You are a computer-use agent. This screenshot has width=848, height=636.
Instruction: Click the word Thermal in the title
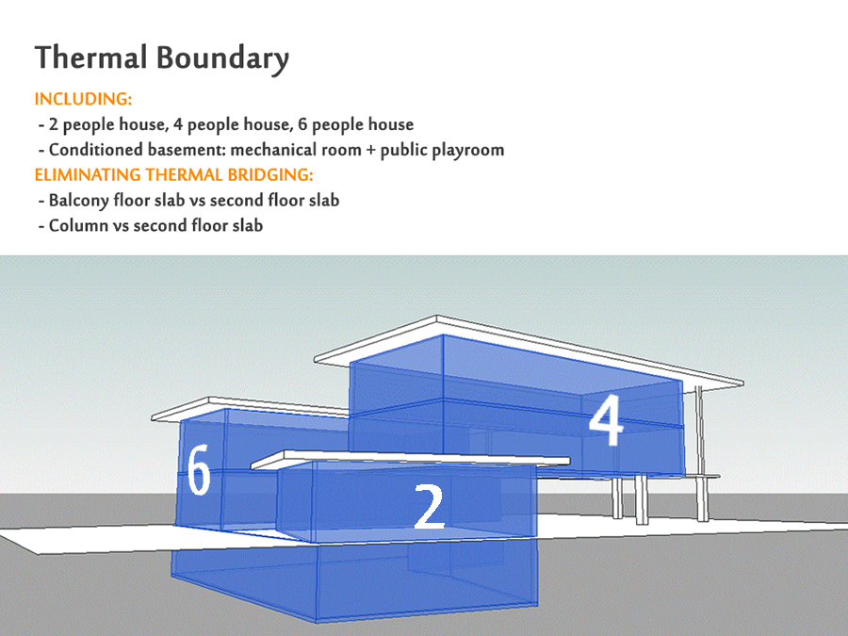tap(90, 57)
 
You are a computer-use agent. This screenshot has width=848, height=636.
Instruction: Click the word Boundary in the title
tap(222, 59)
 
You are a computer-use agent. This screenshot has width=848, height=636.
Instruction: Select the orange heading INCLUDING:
tap(83, 99)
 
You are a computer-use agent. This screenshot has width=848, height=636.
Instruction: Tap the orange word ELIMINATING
tap(88, 174)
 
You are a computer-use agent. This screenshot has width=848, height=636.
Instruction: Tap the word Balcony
tap(79, 202)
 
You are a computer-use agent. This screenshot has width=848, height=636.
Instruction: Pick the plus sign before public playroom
tap(370, 151)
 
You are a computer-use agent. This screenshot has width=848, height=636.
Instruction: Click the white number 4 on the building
tap(606, 420)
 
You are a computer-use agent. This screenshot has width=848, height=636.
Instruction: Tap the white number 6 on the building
tap(199, 469)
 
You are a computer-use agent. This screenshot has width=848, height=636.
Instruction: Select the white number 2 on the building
tap(430, 506)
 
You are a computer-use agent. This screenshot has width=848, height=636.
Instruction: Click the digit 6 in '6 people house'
tap(302, 125)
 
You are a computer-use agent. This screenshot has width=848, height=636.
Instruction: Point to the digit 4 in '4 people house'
tap(178, 125)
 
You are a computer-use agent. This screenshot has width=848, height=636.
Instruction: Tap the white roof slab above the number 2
tap(410, 460)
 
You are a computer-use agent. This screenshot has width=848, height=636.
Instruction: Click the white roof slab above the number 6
tap(250, 408)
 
